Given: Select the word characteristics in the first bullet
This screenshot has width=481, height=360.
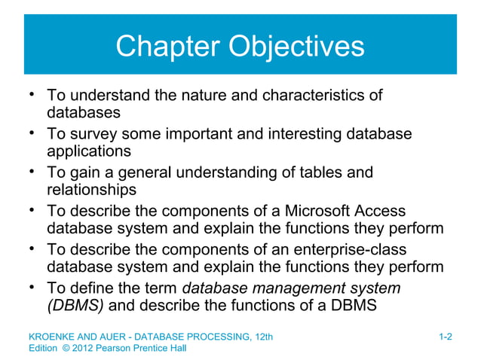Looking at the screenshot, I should [x=326, y=96].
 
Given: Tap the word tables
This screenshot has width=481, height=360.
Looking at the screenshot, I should [x=323, y=173].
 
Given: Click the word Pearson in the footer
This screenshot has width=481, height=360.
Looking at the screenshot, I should [x=112, y=349].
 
